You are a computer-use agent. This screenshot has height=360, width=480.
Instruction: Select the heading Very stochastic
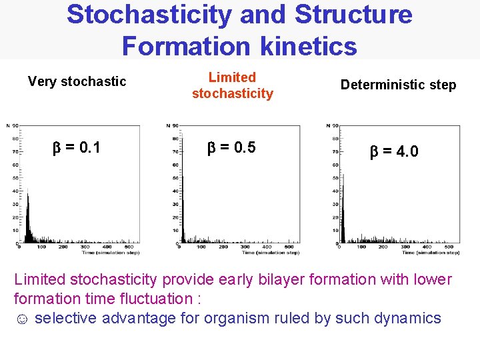click(x=77, y=81)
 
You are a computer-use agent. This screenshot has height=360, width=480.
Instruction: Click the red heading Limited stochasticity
click(x=232, y=86)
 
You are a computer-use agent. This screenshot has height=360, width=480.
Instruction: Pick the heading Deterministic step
click(x=398, y=85)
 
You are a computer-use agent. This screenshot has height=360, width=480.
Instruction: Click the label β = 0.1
click(x=77, y=147)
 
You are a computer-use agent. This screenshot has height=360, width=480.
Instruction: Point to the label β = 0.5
click(x=232, y=147)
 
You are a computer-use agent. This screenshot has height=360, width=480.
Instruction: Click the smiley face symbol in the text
click(x=21, y=319)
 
